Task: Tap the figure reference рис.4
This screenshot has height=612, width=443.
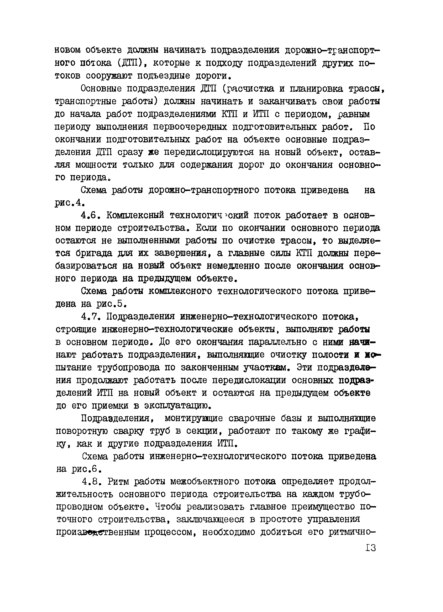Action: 70,203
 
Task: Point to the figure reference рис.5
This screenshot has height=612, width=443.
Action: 111,304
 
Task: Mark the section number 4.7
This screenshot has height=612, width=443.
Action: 91,316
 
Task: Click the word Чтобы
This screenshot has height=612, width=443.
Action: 168,507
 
